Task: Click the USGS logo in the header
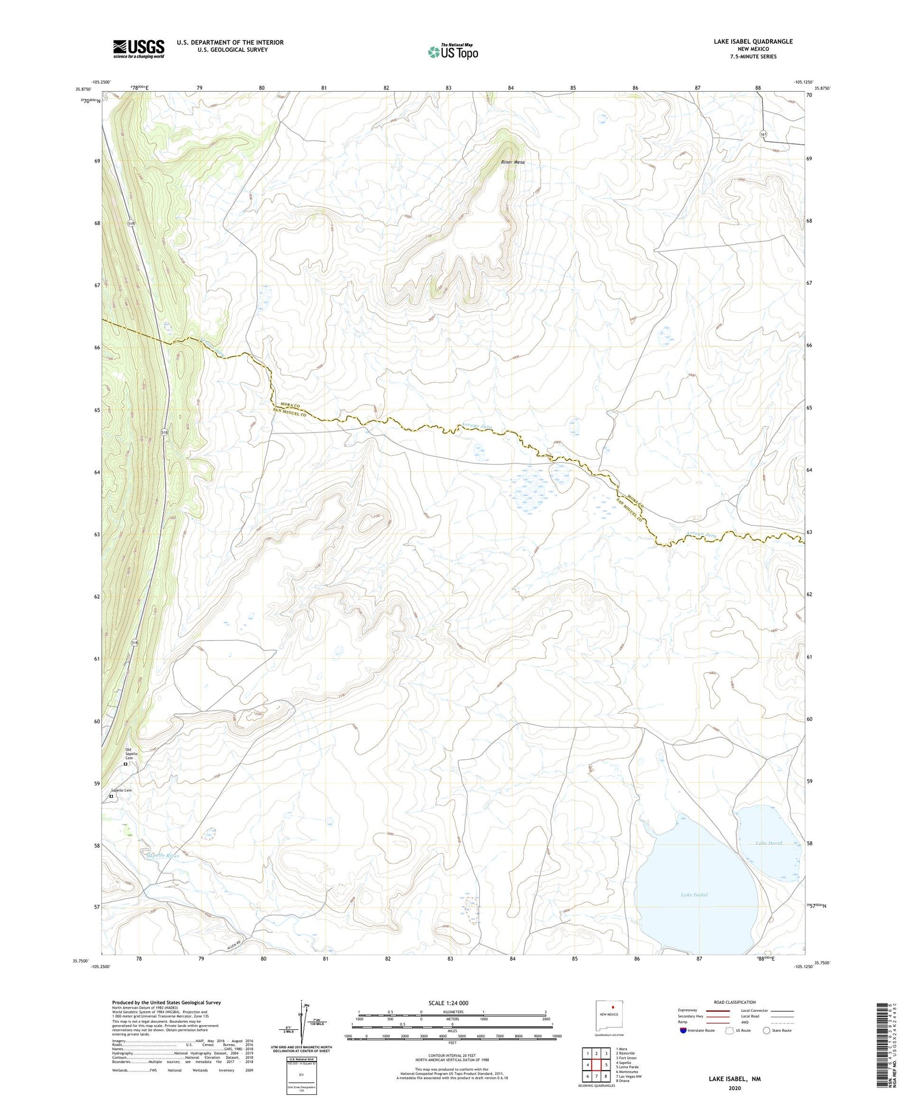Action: point(138,49)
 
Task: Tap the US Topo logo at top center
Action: point(452,52)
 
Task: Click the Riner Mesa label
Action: point(513,162)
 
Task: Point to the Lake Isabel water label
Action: point(694,895)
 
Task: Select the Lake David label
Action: point(768,843)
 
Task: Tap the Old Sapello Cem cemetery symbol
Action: point(126,765)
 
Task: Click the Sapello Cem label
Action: point(120,790)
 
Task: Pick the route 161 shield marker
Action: point(763,134)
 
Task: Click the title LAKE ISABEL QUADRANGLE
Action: point(753,41)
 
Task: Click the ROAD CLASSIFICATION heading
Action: point(735,1002)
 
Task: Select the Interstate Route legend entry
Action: point(698,1030)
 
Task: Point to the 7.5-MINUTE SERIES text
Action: point(754,56)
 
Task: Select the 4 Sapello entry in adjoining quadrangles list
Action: point(627,1062)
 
